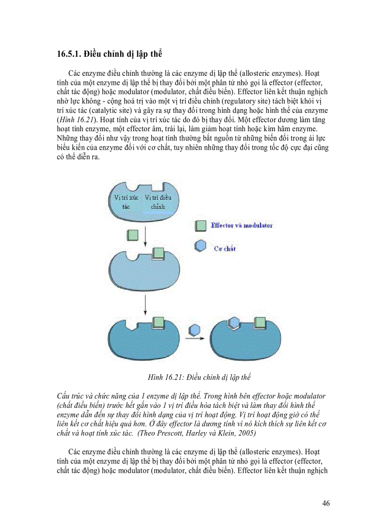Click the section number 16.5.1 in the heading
click(x=68, y=54)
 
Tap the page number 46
click(x=325, y=503)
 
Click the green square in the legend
click(x=201, y=225)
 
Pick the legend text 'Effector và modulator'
click(x=241, y=226)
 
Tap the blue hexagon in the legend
click(x=200, y=247)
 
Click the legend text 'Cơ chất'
click(x=225, y=248)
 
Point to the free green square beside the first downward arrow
click(x=133, y=234)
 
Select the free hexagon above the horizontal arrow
click(x=193, y=329)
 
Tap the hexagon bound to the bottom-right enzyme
click(x=234, y=323)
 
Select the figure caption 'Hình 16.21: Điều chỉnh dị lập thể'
click(x=199, y=378)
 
